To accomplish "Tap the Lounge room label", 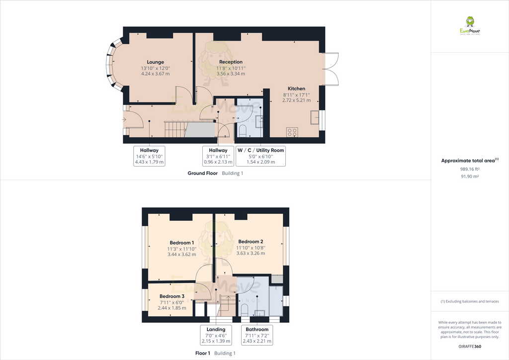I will click(155, 62).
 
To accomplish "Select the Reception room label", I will click(231, 62).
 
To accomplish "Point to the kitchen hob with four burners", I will click(292, 132).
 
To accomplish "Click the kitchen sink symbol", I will click(314, 117).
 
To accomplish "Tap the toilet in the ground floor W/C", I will click(243, 130).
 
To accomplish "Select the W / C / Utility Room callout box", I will click(261, 156).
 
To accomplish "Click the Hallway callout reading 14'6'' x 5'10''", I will click(149, 156).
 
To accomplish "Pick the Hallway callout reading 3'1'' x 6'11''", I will click(218, 156).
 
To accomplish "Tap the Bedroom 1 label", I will click(182, 243).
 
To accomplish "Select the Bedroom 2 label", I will click(251, 242).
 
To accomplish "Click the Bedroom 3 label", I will click(172, 296).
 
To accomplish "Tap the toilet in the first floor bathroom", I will click(244, 309).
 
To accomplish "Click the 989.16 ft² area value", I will click(469, 169).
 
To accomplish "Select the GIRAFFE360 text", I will click(469, 347).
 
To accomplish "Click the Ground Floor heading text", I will click(202, 174).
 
